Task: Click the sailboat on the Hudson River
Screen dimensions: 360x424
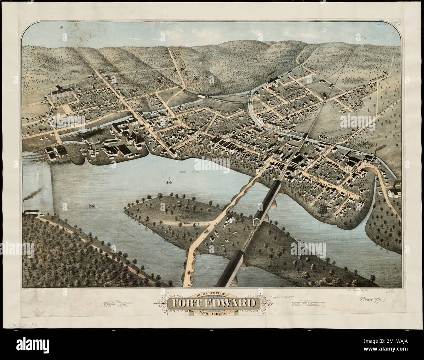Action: pos(169,180)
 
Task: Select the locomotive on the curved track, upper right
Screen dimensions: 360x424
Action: pos(325,96)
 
